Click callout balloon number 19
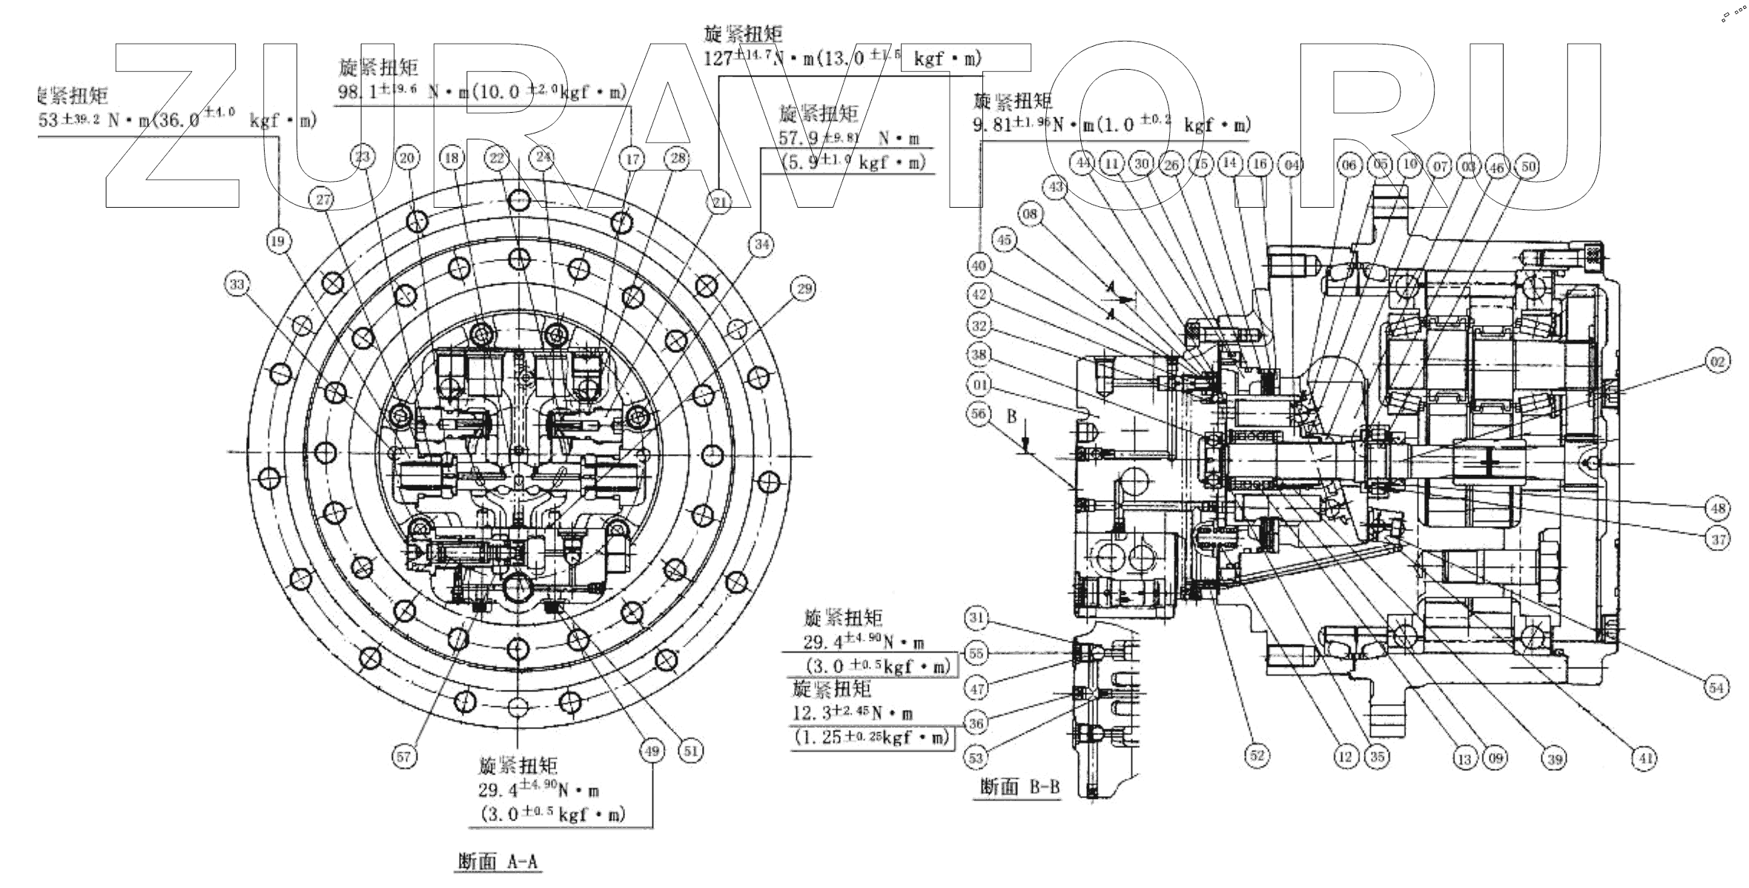point(278,241)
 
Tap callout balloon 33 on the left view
point(237,285)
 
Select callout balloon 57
point(403,756)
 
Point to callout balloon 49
point(652,751)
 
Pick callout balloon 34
point(762,243)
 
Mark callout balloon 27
point(323,199)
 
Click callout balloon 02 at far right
point(1717,361)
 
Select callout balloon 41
point(1644,757)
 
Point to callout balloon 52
point(1256,755)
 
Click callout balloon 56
point(979,413)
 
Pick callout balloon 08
point(1031,214)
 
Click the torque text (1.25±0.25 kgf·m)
point(872,738)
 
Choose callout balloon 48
point(1718,508)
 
